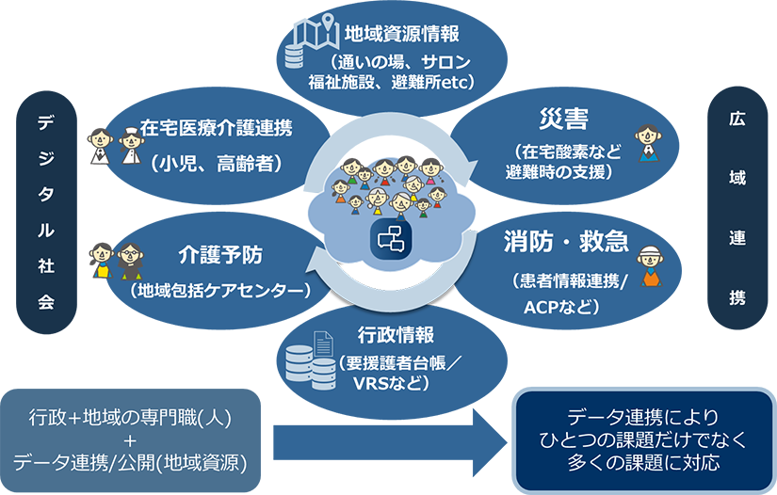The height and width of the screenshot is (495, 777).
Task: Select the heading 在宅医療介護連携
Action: point(216,128)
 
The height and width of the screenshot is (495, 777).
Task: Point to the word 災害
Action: point(564,120)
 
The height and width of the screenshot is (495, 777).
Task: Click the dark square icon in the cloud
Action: point(389,239)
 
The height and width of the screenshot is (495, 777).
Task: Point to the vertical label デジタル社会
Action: point(46,215)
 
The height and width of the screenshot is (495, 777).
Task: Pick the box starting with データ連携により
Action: point(644,440)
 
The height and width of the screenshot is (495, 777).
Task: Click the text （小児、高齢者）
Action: point(216,162)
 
